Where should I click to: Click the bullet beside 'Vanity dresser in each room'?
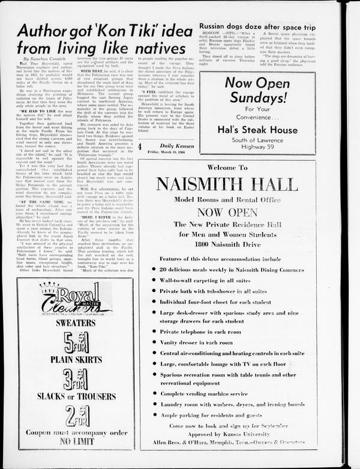(x=154, y=342)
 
